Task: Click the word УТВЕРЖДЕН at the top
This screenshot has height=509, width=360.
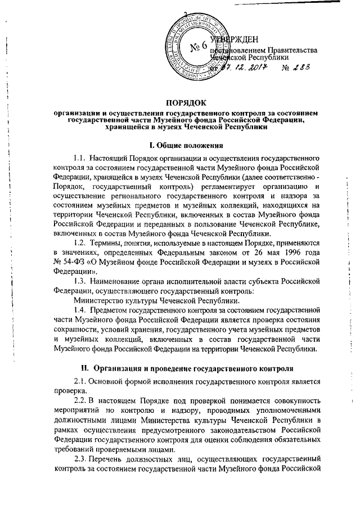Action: pyautogui.click(x=235, y=39)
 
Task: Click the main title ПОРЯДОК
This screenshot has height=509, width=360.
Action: pyautogui.click(x=186, y=102)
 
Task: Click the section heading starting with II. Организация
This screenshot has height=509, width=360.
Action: pyautogui.click(x=186, y=368)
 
